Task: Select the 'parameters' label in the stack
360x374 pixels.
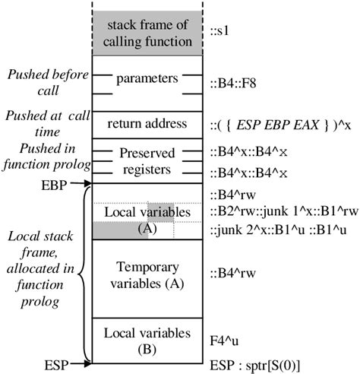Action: pyautogui.click(x=148, y=78)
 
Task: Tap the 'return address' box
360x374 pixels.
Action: pyautogui.click(x=148, y=122)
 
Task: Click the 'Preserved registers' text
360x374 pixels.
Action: pyautogui.click(x=148, y=161)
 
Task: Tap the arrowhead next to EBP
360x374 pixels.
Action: pyautogui.click(x=87, y=183)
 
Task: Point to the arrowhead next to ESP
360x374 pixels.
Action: pyautogui.click(x=87, y=364)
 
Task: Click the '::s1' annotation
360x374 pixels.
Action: pyautogui.click(x=220, y=32)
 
